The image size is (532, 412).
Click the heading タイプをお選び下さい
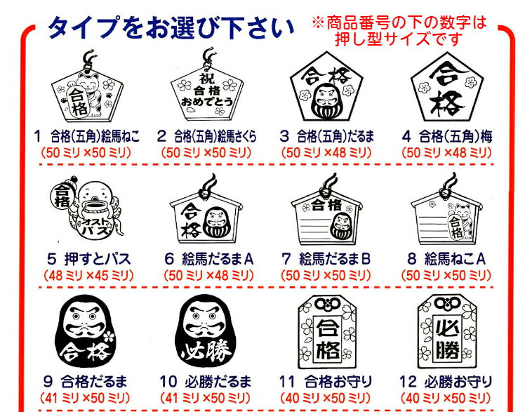coord(171,27)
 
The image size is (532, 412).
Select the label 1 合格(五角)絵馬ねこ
coord(86,136)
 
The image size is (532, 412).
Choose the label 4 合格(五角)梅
coord(447,136)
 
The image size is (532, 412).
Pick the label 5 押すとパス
coord(89,259)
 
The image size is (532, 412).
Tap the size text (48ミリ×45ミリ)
coord(88,275)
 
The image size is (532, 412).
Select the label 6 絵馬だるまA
coord(209,259)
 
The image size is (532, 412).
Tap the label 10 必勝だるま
coord(206,382)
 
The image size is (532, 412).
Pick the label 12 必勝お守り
coord(446,382)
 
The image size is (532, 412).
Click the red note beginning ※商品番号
coord(399,31)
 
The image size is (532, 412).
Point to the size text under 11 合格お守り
coord(326,398)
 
